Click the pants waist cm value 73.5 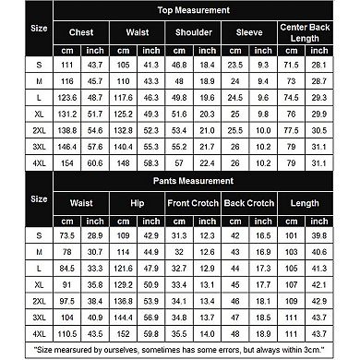coord(67,236)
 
